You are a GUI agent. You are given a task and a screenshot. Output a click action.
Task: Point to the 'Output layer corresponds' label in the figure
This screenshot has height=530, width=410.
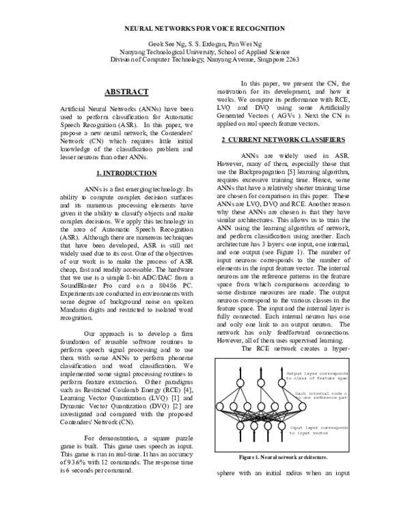pyautogui.click(x=318, y=374)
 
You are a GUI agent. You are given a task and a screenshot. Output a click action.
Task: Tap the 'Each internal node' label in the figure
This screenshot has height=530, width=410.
pyautogui.click(x=321, y=394)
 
